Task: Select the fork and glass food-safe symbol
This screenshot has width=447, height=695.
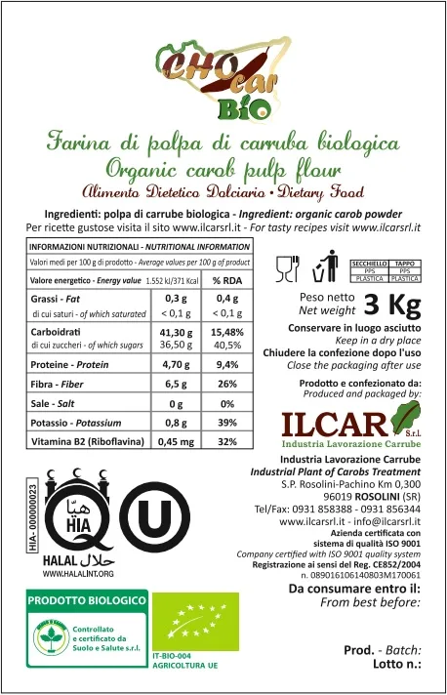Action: coord(288,267)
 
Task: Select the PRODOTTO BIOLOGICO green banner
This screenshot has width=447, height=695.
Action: coord(85,599)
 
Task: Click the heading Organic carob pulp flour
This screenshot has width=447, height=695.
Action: coord(223,165)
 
